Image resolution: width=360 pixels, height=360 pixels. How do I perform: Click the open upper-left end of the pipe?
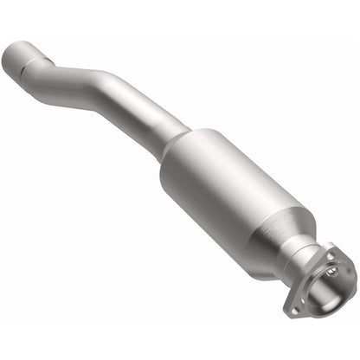13,59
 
